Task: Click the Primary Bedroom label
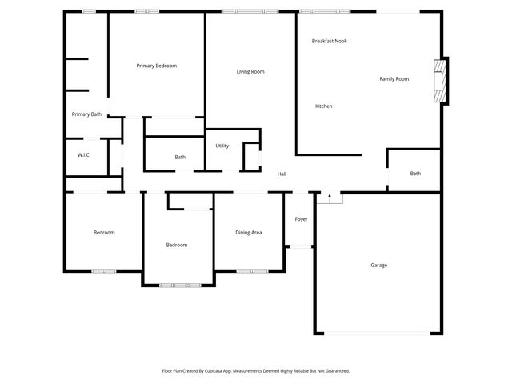[x=156, y=66]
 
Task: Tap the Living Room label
[x=250, y=72]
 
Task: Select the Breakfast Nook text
[x=329, y=41]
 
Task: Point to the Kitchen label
[x=323, y=106]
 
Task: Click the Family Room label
[x=394, y=78]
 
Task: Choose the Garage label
[x=378, y=265]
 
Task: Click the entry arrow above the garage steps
[x=330, y=194]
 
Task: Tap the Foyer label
[x=301, y=218]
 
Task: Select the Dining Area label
[x=248, y=233]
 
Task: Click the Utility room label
[x=222, y=146]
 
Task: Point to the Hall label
[x=282, y=174]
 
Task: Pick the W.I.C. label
[x=84, y=154]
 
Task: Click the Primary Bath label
[x=86, y=114]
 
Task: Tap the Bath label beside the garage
[x=415, y=174]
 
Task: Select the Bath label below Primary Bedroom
[x=180, y=157]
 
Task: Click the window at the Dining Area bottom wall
[x=252, y=271]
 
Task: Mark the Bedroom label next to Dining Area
[x=177, y=245]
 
